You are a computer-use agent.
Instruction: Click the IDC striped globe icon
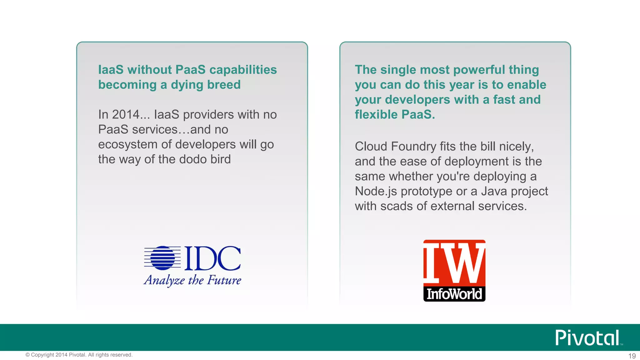click(163, 258)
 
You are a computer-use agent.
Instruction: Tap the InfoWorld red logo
click(454, 270)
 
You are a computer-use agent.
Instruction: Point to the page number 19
click(632, 356)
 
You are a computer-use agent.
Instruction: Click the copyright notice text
click(79, 355)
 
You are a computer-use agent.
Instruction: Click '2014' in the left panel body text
click(126, 115)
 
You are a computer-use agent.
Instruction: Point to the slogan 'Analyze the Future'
click(192, 280)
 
